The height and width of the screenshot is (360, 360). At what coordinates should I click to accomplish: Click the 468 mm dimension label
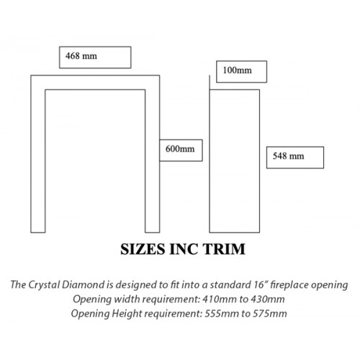(x=81, y=56)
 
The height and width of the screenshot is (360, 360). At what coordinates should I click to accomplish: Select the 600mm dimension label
(x=180, y=149)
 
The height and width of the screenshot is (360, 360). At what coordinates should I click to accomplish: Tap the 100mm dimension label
(x=238, y=71)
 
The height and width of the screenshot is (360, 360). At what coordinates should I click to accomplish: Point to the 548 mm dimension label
(x=288, y=156)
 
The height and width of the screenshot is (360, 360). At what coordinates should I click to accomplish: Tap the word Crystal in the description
(x=44, y=285)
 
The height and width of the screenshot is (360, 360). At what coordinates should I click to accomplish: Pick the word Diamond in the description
(x=83, y=284)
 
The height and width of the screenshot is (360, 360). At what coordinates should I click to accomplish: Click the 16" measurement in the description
(x=261, y=284)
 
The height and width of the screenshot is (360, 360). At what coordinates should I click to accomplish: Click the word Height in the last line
(x=127, y=314)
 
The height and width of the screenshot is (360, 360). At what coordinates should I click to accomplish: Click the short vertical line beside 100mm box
(x=210, y=82)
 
